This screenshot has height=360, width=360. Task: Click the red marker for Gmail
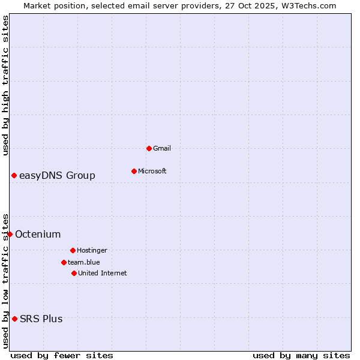(149, 148)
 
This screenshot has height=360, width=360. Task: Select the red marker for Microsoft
(134, 171)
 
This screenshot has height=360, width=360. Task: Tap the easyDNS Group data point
(14, 175)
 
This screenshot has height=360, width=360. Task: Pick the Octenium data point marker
(10, 234)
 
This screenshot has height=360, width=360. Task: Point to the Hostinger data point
(73, 250)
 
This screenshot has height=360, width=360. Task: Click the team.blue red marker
(64, 262)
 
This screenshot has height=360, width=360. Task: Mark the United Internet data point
(74, 273)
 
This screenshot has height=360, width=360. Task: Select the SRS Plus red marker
(14, 319)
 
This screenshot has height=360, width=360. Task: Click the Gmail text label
(162, 148)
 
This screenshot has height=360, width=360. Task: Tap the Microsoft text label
(152, 171)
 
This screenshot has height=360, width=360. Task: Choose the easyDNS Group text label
(57, 175)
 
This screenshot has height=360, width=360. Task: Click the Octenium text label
(38, 234)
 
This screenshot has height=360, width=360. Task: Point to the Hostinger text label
(92, 250)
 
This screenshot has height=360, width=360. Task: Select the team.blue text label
(84, 262)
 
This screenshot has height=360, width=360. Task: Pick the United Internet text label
(103, 273)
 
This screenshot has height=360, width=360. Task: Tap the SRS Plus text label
(41, 319)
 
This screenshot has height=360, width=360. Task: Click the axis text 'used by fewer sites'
(62, 355)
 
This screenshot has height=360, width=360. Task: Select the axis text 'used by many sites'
(301, 355)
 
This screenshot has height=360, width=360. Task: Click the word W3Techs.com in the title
(307, 5)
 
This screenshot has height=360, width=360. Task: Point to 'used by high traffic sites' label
(5, 85)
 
